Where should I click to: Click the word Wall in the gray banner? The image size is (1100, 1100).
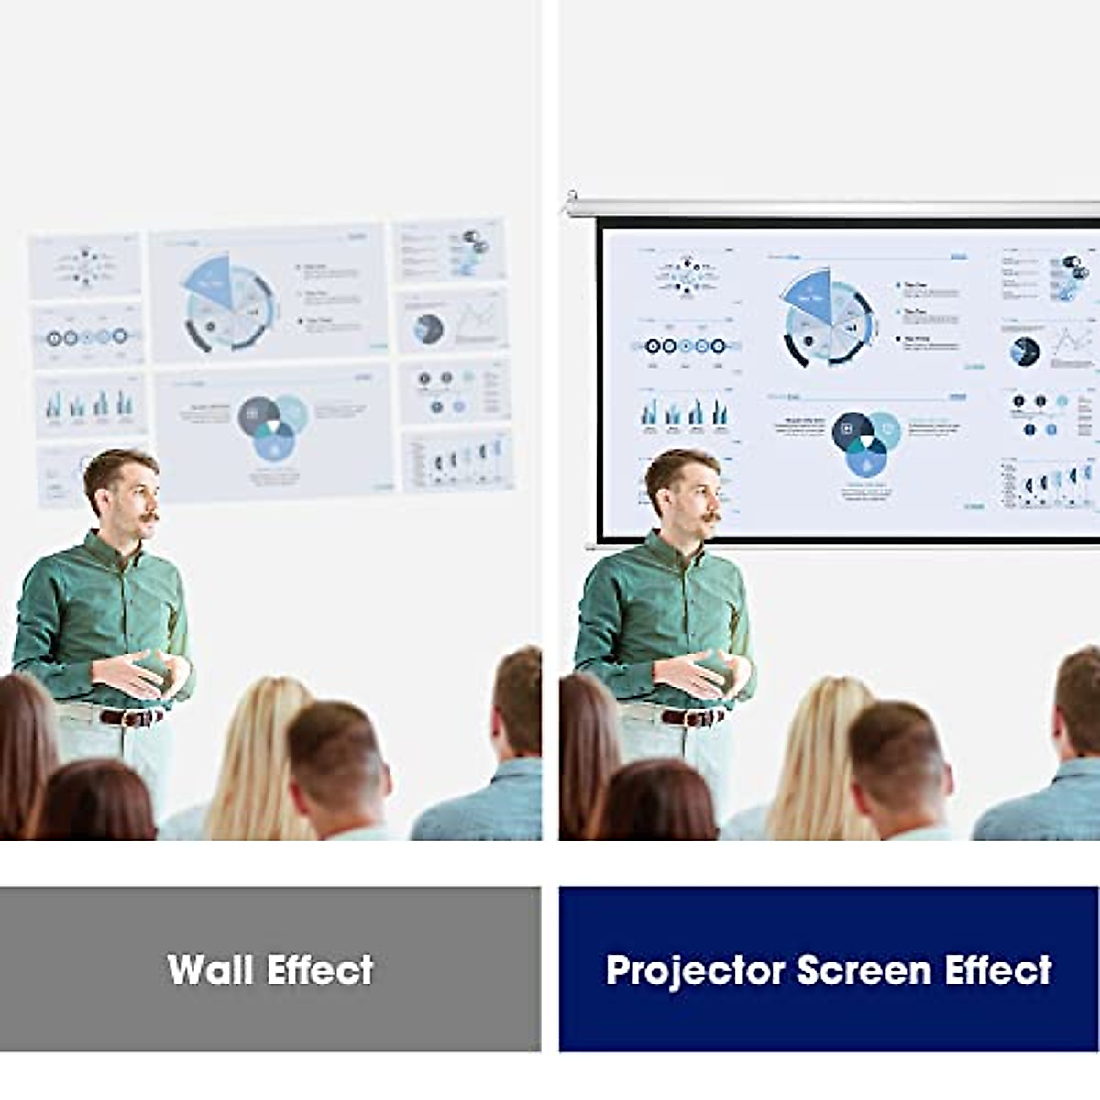(209, 970)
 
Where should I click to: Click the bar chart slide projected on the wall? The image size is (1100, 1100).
(90, 404)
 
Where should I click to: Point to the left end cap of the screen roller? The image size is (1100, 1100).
(572, 197)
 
